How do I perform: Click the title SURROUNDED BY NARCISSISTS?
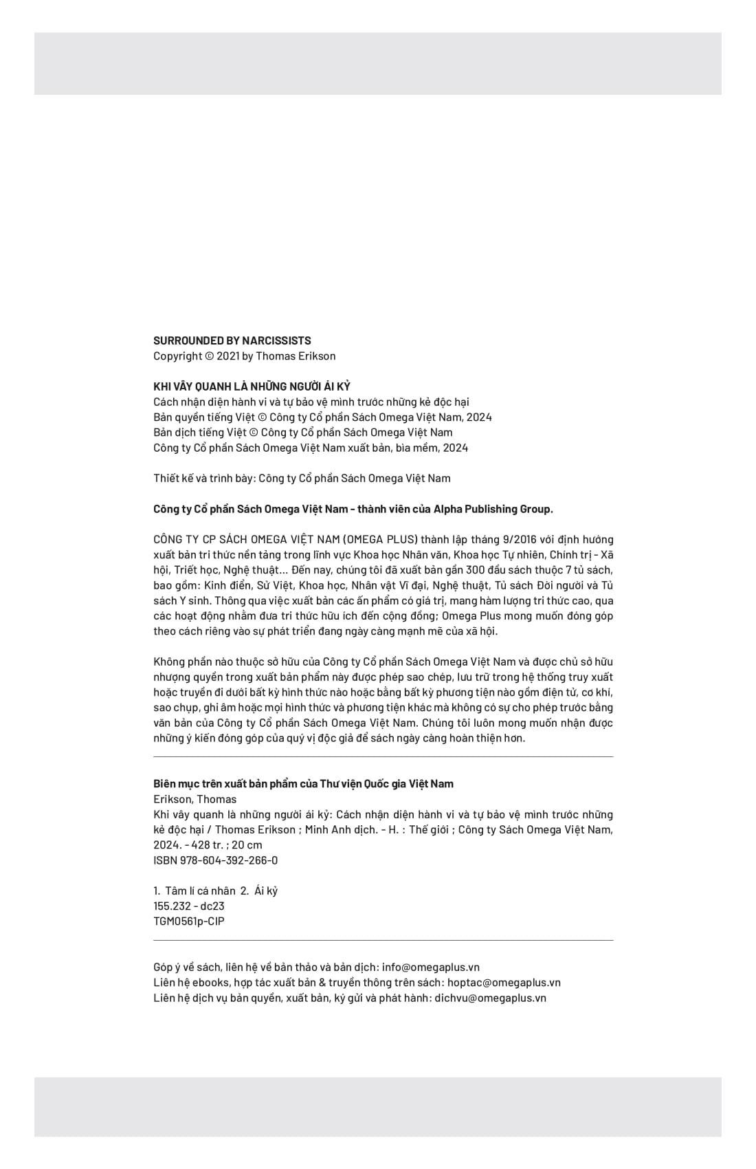point(232,340)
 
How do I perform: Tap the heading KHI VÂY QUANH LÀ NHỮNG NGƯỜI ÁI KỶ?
point(252,386)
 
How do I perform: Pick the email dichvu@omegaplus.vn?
point(491,998)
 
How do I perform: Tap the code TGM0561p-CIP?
point(189,921)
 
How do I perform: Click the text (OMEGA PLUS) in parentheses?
point(379,539)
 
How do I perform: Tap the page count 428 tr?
point(210,845)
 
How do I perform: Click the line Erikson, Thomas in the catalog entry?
point(194,799)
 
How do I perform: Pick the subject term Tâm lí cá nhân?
point(200,891)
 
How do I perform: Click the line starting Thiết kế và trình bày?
point(302,479)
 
